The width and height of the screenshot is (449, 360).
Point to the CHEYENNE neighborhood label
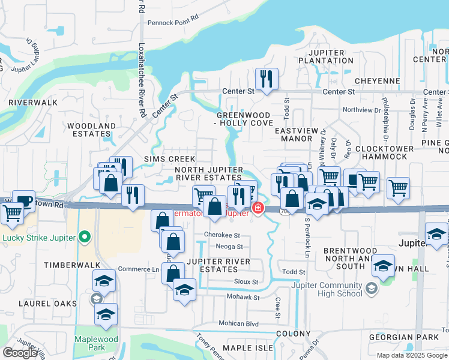click(x=377, y=81)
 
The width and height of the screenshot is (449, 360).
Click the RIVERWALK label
click(x=33, y=103)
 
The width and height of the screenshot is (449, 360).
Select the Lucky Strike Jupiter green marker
click(x=85, y=237)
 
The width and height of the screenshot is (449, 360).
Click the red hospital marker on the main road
click(x=258, y=208)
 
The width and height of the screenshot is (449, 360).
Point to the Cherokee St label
click(x=222, y=235)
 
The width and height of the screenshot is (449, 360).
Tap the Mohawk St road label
click(x=243, y=297)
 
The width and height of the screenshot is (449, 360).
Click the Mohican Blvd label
click(x=238, y=323)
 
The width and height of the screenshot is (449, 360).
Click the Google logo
click(x=20, y=353)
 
